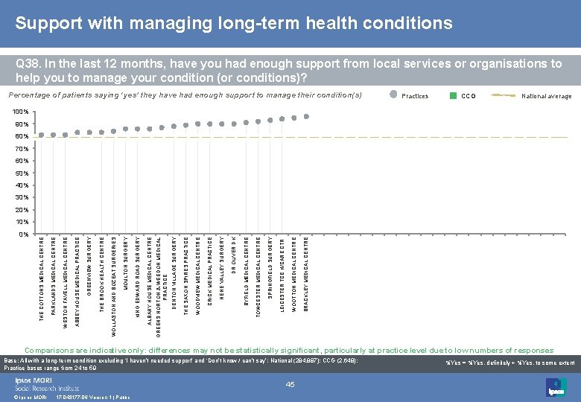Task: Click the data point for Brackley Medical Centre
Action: click(306, 116)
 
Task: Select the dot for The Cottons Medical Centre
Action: click(42, 135)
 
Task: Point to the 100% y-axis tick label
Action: click(20, 112)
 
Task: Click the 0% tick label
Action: click(23, 234)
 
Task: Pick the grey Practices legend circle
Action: click(394, 95)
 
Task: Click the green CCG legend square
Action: click(453, 95)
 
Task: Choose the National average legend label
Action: click(546, 96)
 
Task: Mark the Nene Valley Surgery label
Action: click(222, 261)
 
